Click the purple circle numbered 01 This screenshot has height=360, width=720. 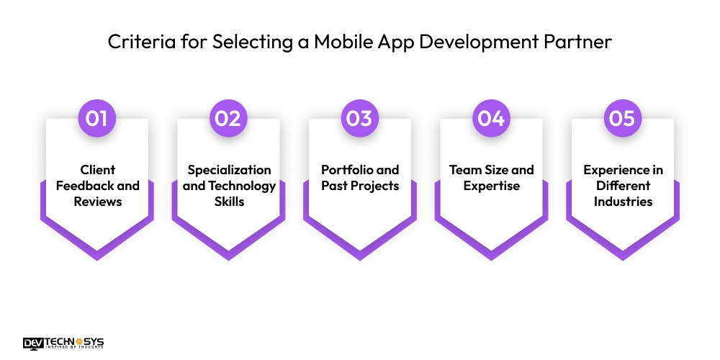click(97, 117)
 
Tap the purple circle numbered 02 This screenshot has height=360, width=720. click(228, 117)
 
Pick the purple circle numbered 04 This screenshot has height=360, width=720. click(491, 117)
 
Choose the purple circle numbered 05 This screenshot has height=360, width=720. click(622, 117)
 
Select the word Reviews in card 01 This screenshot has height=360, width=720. click(97, 202)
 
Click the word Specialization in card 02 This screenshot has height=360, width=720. click(229, 170)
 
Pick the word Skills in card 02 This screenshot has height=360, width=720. click(230, 202)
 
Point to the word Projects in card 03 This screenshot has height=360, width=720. click(374, 186)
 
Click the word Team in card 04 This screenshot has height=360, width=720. click(464, 170)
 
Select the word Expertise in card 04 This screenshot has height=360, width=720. click(492, 186)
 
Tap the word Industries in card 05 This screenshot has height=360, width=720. click(623, 202)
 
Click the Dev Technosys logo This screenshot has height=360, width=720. click(63, 343)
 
